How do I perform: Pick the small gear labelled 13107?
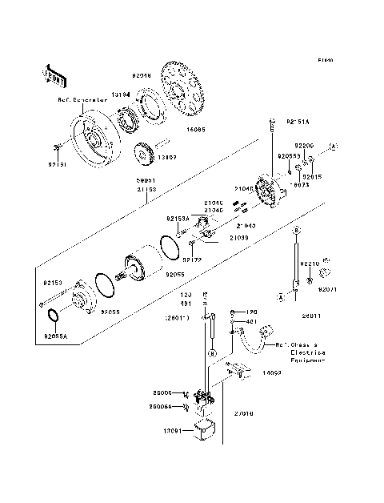click(146, 151)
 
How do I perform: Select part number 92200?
click(304, 146)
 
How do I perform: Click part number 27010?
click(243, 414)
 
